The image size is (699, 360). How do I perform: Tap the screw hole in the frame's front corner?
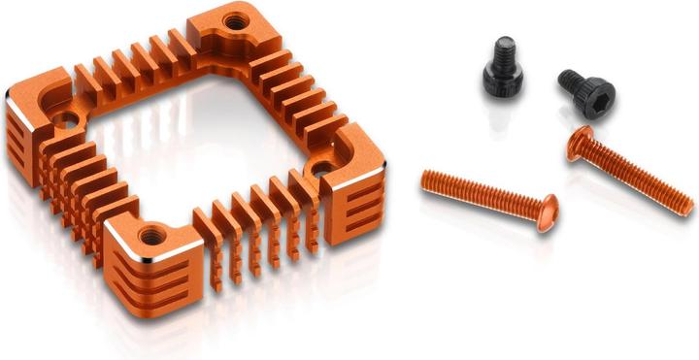[x=150, y=235]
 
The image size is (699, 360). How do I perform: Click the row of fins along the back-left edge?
[x=131, y=68]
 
